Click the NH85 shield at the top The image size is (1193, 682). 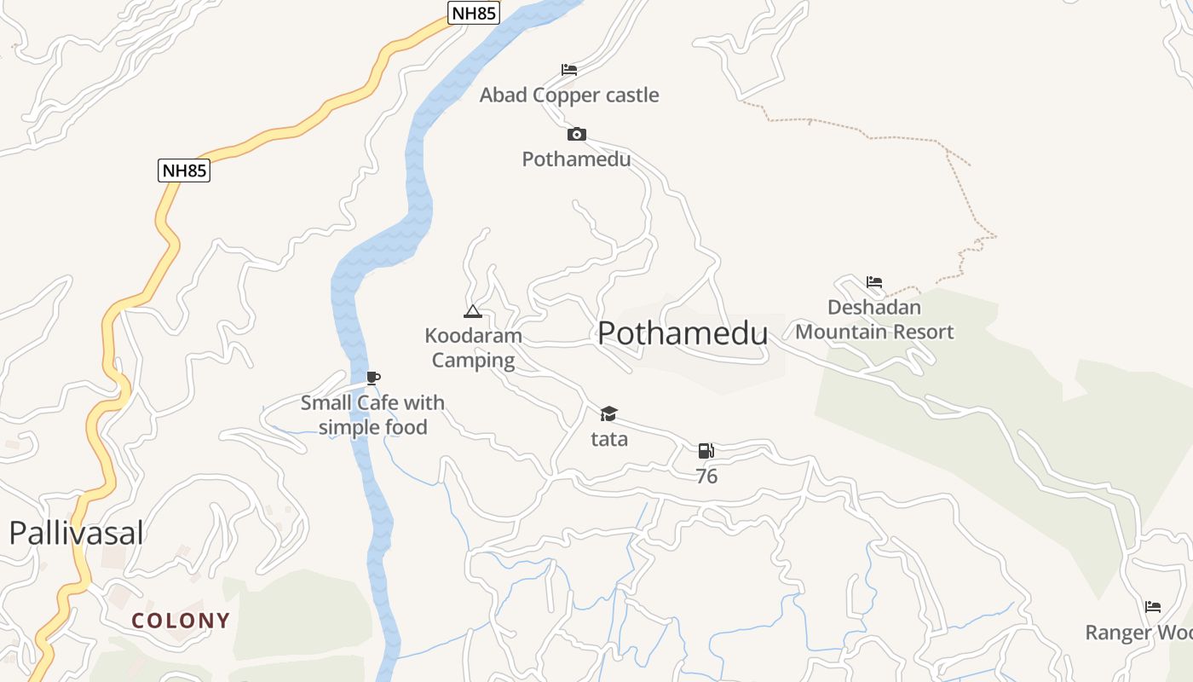point(473,13)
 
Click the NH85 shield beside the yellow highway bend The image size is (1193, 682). point(184,170)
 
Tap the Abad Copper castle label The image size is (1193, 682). point(569,95)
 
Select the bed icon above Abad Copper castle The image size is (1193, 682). point(569,70)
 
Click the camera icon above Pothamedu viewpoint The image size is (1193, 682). point(577,134)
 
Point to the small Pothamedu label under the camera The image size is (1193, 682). point(577,159)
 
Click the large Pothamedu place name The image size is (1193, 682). point(683,333)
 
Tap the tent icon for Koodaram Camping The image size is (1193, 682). point(473,311)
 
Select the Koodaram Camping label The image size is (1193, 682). point(473,348)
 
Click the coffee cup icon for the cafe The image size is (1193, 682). point(372,378)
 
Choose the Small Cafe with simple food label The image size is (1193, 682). point(372,414)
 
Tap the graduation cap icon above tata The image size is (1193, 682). point(608,414)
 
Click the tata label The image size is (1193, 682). point(609,439)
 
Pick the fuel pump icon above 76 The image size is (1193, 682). point(706,451)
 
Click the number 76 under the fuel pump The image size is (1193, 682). point(706,477)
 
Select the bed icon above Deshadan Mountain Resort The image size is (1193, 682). point(874,282)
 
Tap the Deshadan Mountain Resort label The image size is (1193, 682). point(874,320)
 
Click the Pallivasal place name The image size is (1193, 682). point(76,533)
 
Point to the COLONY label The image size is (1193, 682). point(181,621)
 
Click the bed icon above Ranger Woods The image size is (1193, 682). point(1153,607)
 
